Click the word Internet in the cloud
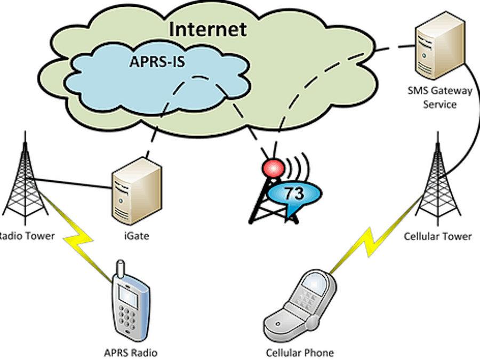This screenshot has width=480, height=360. point(208,29)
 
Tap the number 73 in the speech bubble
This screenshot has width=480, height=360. point(294,193)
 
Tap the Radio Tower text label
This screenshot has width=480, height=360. point(27,235)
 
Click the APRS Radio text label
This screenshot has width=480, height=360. point(131,353)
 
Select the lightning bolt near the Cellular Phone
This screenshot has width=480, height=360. point(368,243)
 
